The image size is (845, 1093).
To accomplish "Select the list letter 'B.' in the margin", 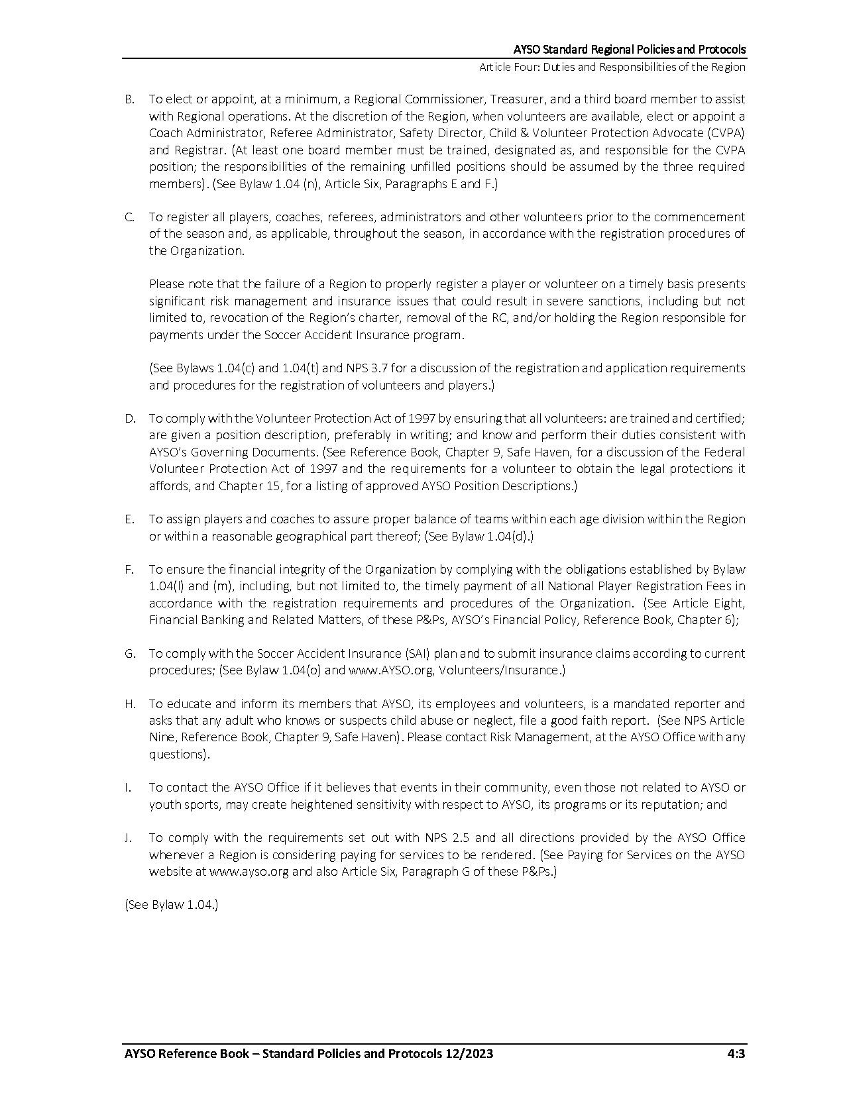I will tap(129, 99).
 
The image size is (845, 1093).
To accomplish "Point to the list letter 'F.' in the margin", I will tap(129, 570).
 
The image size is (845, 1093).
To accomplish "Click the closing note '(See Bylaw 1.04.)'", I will tap(172, 905).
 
